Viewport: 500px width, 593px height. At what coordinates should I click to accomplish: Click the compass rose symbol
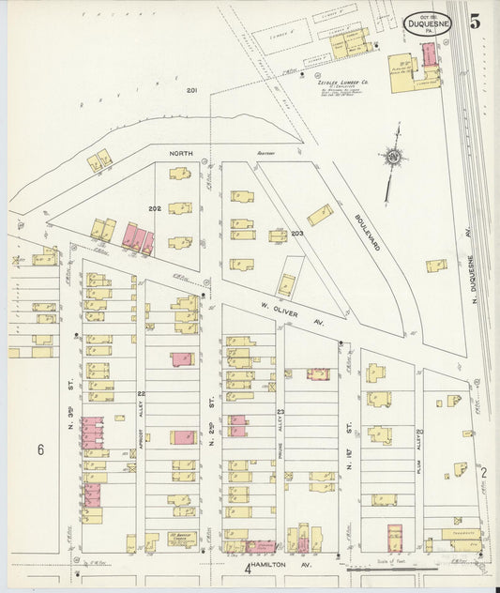click(391, 156)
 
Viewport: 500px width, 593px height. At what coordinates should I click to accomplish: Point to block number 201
click(191, 91)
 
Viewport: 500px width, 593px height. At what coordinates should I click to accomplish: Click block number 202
click(154, 207)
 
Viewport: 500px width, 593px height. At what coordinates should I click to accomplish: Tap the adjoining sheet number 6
click(40, 449)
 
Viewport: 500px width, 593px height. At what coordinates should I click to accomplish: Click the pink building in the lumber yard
click(428, 54)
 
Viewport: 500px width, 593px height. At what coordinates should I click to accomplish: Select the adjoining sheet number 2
click(485, 473)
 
